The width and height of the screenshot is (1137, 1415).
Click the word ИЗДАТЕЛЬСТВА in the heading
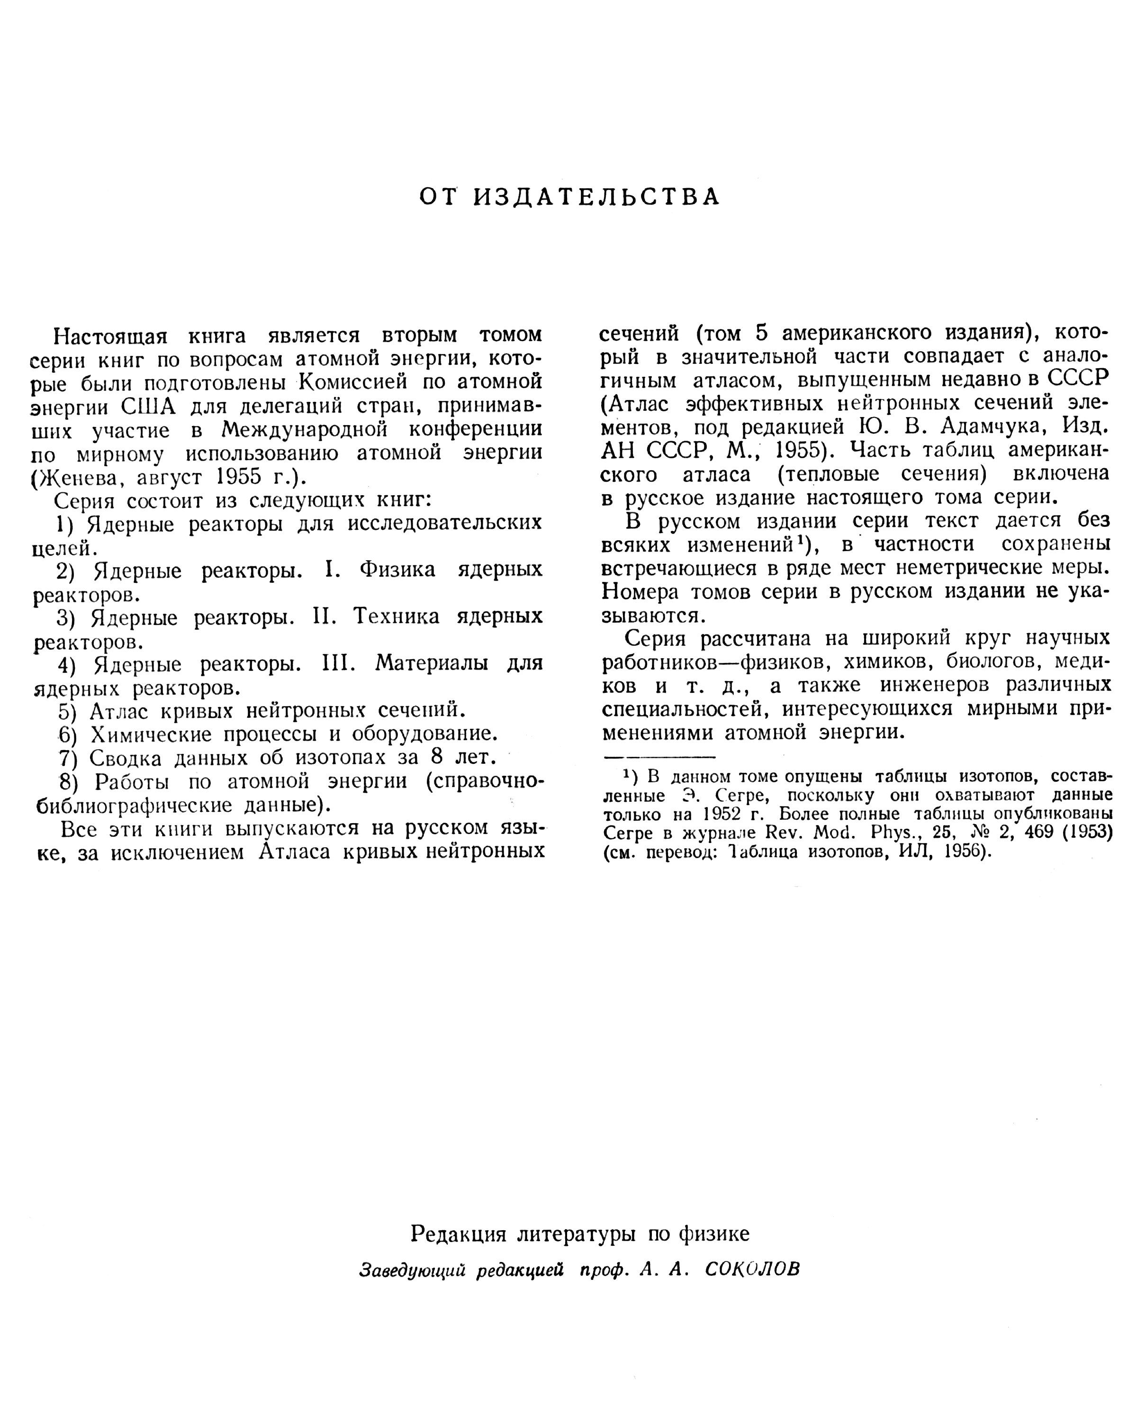point(596,197)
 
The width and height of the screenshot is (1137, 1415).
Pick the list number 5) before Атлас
point(68,711)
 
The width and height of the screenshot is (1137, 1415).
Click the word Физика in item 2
point(397,570)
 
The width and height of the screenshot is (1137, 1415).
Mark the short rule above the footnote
point(659,757)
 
